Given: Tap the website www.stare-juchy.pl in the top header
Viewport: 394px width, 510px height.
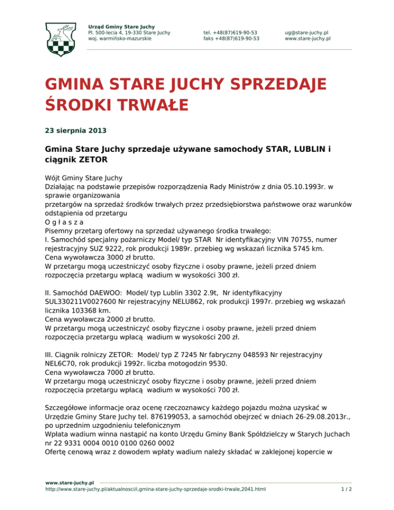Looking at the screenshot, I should [308, 38].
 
